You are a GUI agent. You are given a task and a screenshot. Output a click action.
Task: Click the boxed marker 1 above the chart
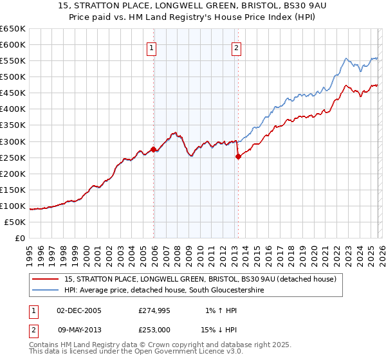click(x=151, y=47)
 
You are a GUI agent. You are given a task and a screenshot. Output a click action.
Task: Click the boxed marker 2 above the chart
click(x=236, y=47)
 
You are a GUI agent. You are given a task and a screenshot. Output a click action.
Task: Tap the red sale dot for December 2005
click(x=154, y=149)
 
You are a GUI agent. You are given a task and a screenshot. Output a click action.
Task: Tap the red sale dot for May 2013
click(x=238, y=156)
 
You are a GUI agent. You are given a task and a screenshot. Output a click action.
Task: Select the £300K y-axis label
click(x=13, y=141)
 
